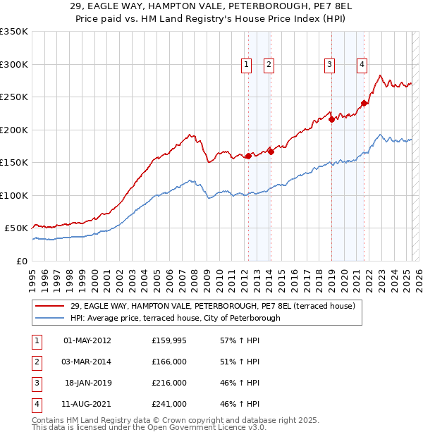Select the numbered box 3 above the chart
pyautogui.click(x=329, y=65)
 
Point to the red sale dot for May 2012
pyautogui.click(x=248, y=156)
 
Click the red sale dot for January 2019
pyautogui.click(x=331, y=119)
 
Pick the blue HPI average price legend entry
pyautogui.click(x=175, y=318)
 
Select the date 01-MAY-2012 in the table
pyautogui.click(x=87, y=340)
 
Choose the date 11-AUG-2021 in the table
pyautogui.click(x=87, y=404)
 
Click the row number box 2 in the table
pyautogui.click(x=36, y=362)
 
